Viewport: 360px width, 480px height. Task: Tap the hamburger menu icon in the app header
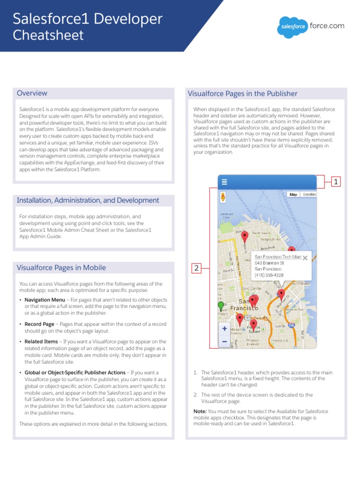coord(225,182)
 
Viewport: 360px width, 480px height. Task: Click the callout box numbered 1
coord(335,182)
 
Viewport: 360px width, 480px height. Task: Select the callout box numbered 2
coord(196,269)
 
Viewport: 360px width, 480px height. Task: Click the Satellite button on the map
coord(309,194)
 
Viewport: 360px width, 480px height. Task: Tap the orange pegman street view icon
coord(224,196)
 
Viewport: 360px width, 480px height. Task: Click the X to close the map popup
coord(305,257)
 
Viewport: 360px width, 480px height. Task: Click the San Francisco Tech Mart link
coord(277,257)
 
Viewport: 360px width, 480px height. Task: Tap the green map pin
coord(221,306)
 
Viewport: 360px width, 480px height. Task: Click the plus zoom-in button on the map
coord(225,329)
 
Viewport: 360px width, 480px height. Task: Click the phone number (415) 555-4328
coord(269,275)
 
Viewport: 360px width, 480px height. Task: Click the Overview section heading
coord(32,93)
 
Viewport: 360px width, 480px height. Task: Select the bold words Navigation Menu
coord(45,300)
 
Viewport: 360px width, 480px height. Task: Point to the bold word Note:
coord(200,411)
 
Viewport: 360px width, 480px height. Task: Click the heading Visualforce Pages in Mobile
coord(61,268)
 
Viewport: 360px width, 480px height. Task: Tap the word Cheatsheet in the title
coord(48,36)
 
